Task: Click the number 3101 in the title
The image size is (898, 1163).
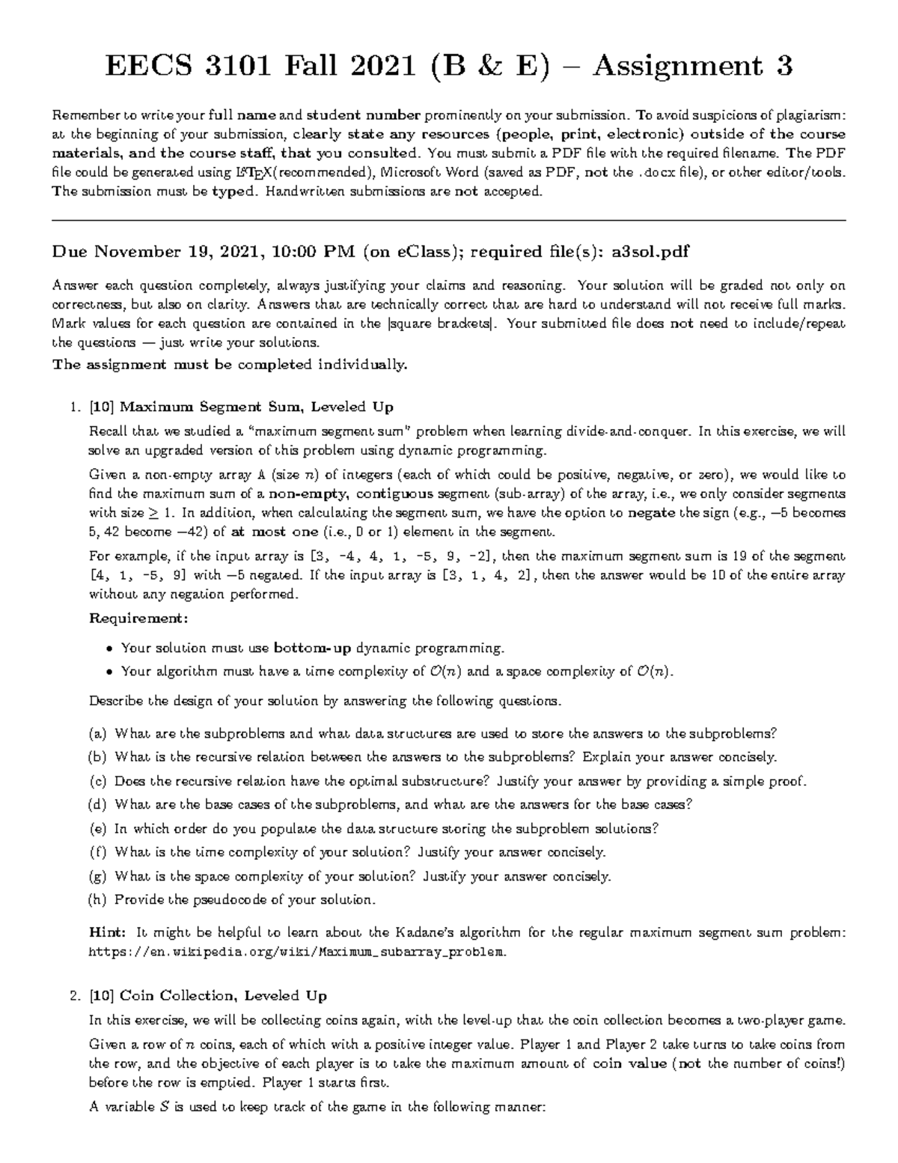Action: click(x=235, y=67)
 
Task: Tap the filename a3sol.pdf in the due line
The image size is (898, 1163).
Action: click(x=650, y=252)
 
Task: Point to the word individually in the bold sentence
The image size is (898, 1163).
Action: click(x=363, y=365)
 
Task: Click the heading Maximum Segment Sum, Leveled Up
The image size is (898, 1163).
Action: click(x=256, y=407)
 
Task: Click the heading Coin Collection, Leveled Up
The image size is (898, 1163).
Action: click(x=223, y=995)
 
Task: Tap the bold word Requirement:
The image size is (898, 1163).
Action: click(x=138, y=619)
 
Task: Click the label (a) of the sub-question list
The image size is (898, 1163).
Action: click(x=98, y=733)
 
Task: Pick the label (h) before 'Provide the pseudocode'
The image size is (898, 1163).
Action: click(x=98, y=899)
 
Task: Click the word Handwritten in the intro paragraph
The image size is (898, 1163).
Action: click(x=301, y=192)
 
